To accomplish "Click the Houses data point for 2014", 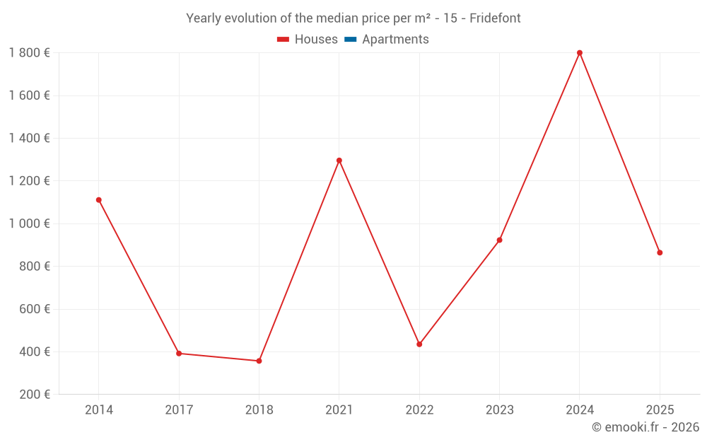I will point(99,200).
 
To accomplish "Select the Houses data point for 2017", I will point(179,354).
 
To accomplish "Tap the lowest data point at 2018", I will point(259,361).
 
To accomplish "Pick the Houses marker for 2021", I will point(339,161).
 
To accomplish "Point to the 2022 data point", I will point(419,344).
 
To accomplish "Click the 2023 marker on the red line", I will point(499,240).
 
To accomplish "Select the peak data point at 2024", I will point(580,53).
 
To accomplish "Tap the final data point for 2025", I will point(660,252).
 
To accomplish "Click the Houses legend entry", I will point(308,40).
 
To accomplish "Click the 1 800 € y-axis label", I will point(29,53).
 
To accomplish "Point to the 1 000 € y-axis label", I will point(29,223).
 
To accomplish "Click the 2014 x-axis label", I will point(99,410).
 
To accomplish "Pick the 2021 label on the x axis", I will point(339,410).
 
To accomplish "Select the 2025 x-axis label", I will point(660,410).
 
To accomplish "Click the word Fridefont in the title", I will point(495,18).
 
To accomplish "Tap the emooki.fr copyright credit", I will point(645,427).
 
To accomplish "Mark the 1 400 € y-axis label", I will point(29,139).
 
